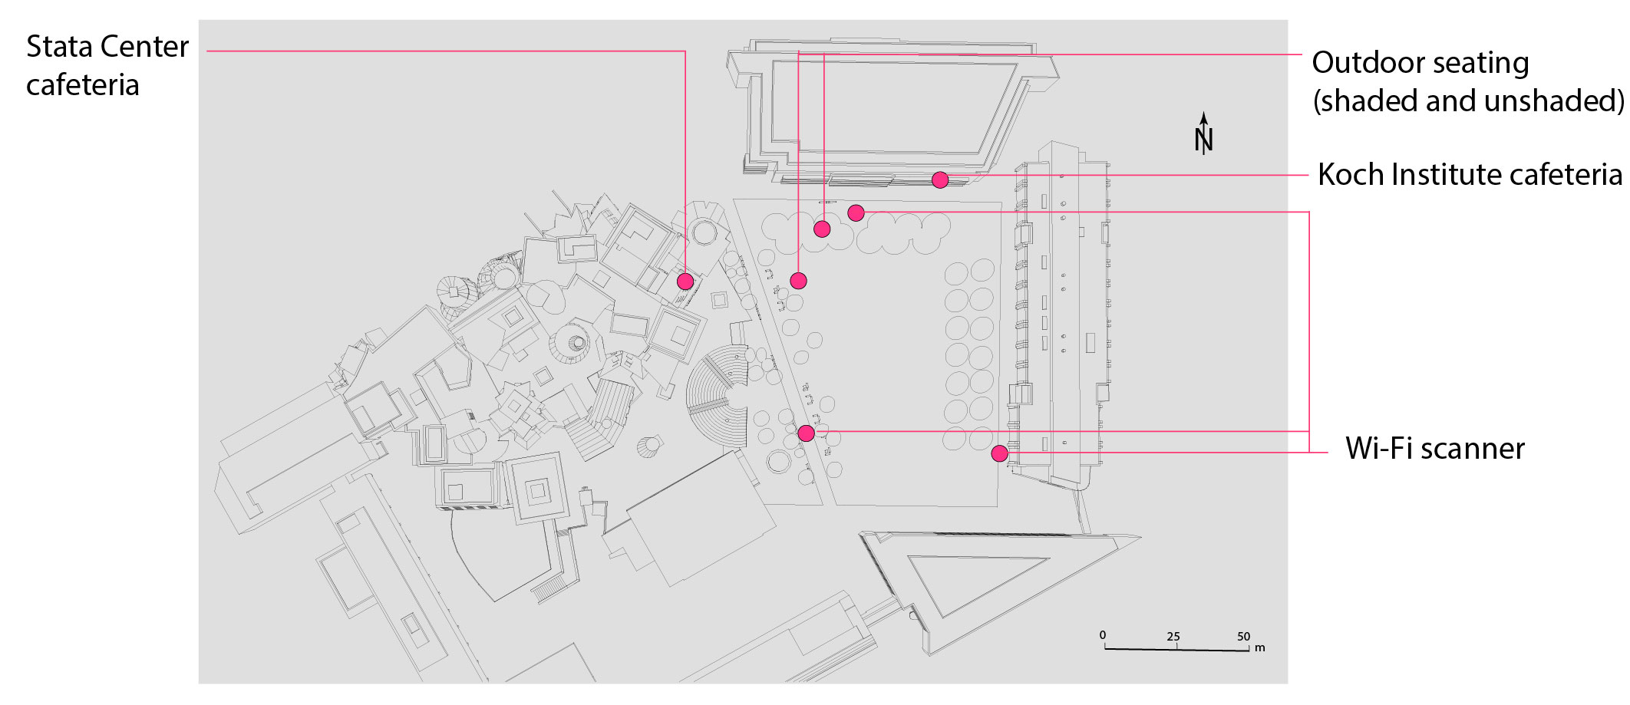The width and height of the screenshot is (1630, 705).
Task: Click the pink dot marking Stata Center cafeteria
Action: [685, 282]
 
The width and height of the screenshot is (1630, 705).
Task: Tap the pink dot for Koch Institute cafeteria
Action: [940, 180]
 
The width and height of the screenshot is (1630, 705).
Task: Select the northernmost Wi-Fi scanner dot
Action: [856, 212]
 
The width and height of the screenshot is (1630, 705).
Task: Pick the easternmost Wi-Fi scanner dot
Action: [999, 453]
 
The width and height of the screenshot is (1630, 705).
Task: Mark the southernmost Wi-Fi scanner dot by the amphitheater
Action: [806, 433]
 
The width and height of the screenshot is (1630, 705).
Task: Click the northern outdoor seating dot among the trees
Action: [822, 229]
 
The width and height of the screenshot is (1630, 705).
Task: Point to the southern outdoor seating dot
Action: [798, 281]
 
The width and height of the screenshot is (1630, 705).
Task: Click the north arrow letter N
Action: [1203, 140]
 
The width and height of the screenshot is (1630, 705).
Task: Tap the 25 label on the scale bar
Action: [1173, 637]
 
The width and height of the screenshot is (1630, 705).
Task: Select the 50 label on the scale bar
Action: [1243, 637]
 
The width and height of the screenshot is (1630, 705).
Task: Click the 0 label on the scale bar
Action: [1103, 635]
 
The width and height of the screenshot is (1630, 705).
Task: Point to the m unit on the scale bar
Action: [1259, 648]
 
